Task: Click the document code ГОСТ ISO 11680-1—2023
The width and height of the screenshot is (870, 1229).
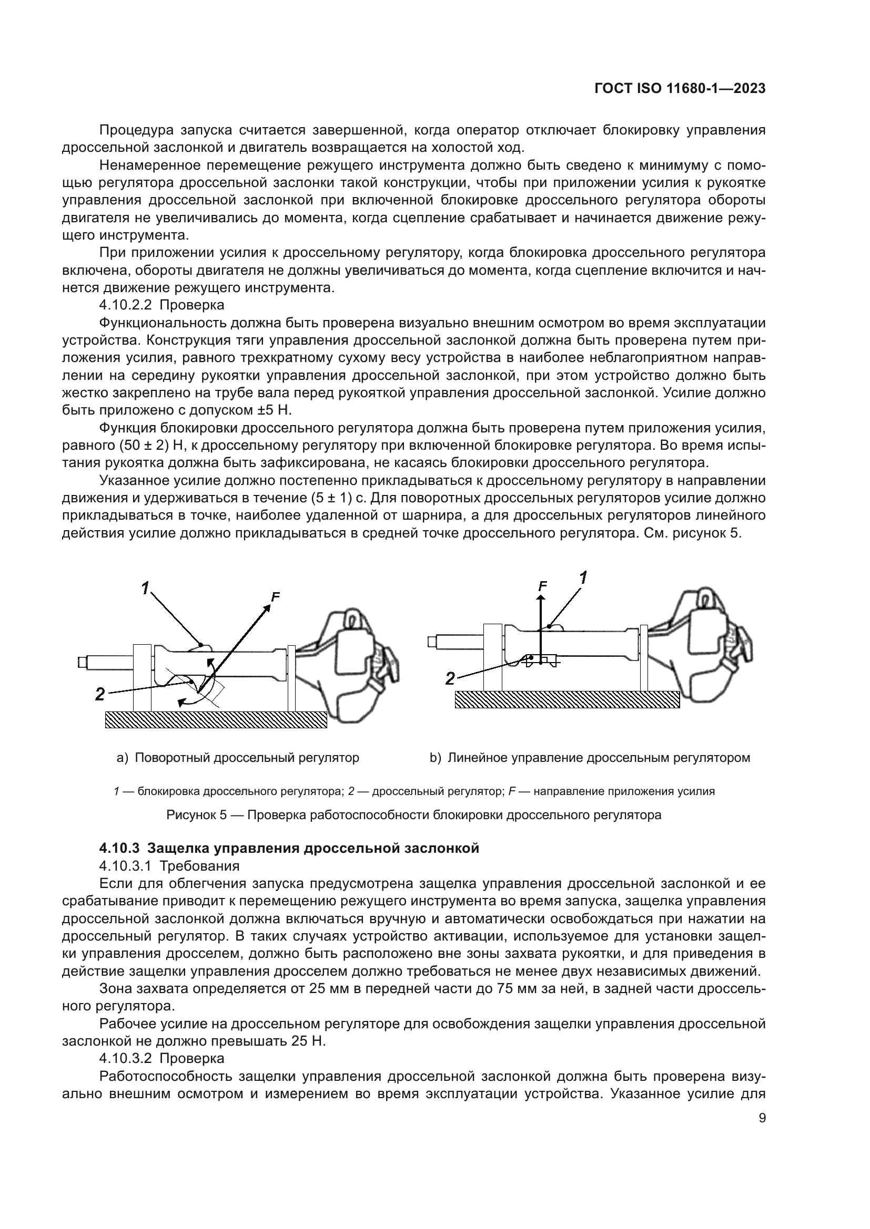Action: point(679,89)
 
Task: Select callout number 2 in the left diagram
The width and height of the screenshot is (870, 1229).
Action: point(99,694)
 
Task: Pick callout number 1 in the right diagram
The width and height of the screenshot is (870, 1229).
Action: point(583,578)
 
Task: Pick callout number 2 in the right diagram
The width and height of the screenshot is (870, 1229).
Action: point(451,679)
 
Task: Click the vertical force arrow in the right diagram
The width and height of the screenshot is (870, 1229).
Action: point(541,626)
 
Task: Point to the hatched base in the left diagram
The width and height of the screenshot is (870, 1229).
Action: point(215,719)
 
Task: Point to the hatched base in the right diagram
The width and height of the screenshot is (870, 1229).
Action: point(567,699)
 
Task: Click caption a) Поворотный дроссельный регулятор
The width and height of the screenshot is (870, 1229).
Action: point(238,758)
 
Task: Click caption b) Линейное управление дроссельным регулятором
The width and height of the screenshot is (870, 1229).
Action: point(589,758)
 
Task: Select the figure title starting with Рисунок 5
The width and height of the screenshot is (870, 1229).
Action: point(413,815)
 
